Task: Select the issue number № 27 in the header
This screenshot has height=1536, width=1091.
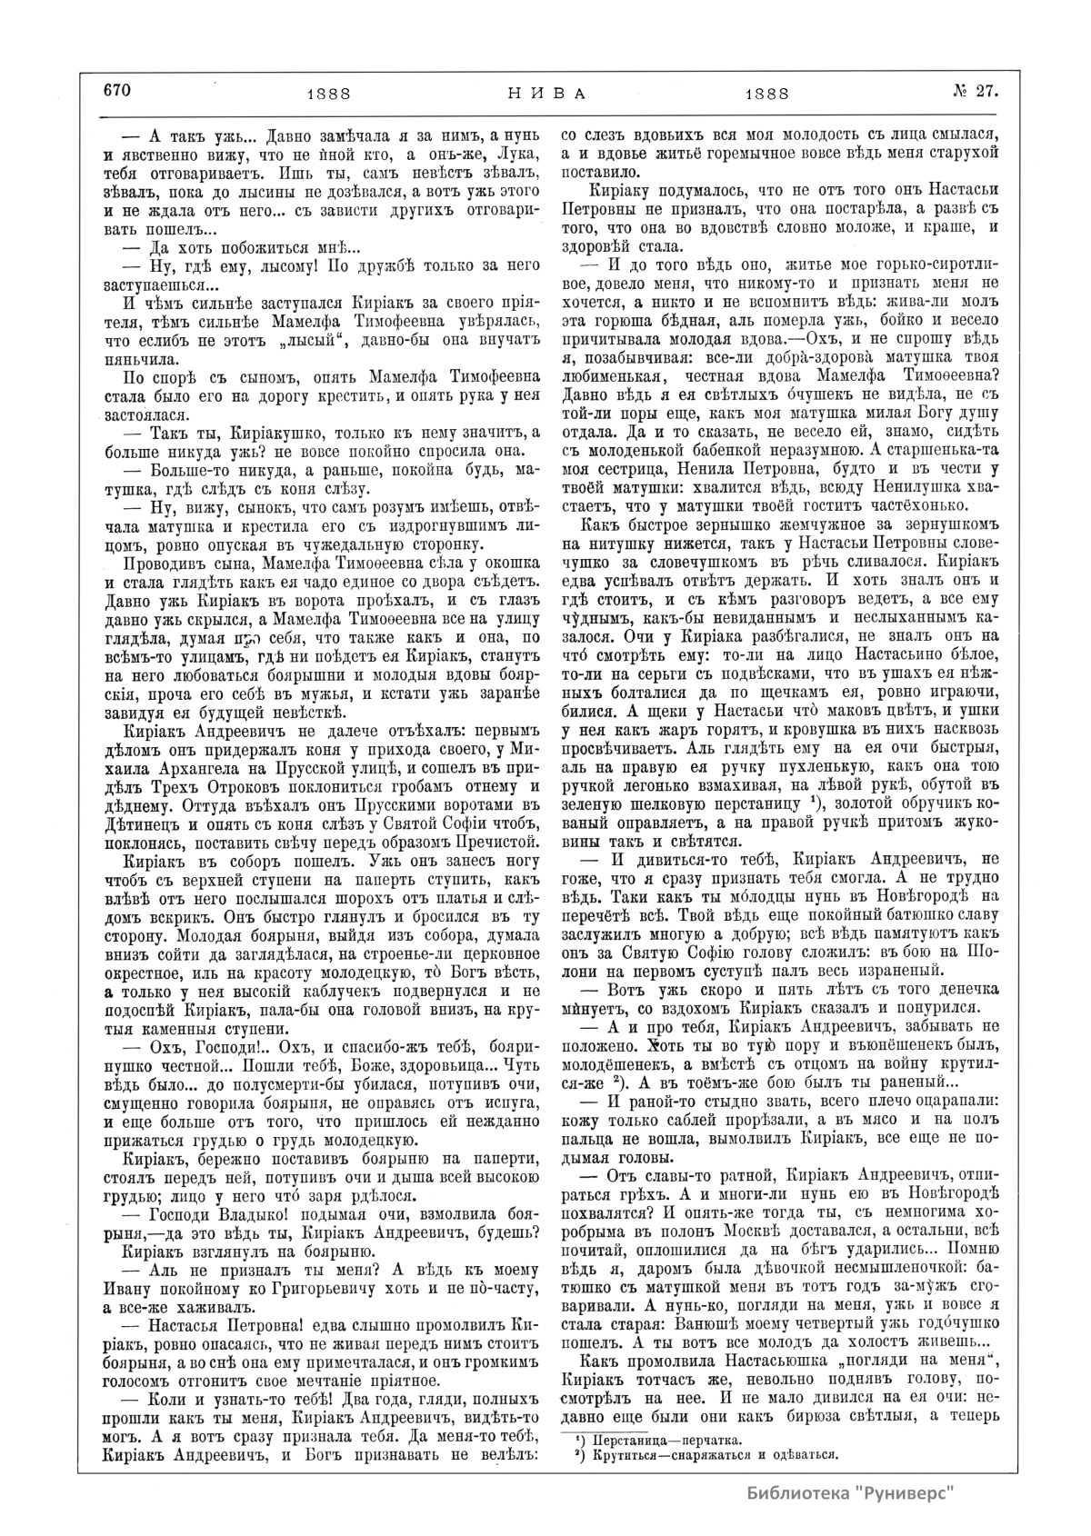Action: coord(976,90)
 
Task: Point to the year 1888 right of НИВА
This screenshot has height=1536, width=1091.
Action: coord(766,93)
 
